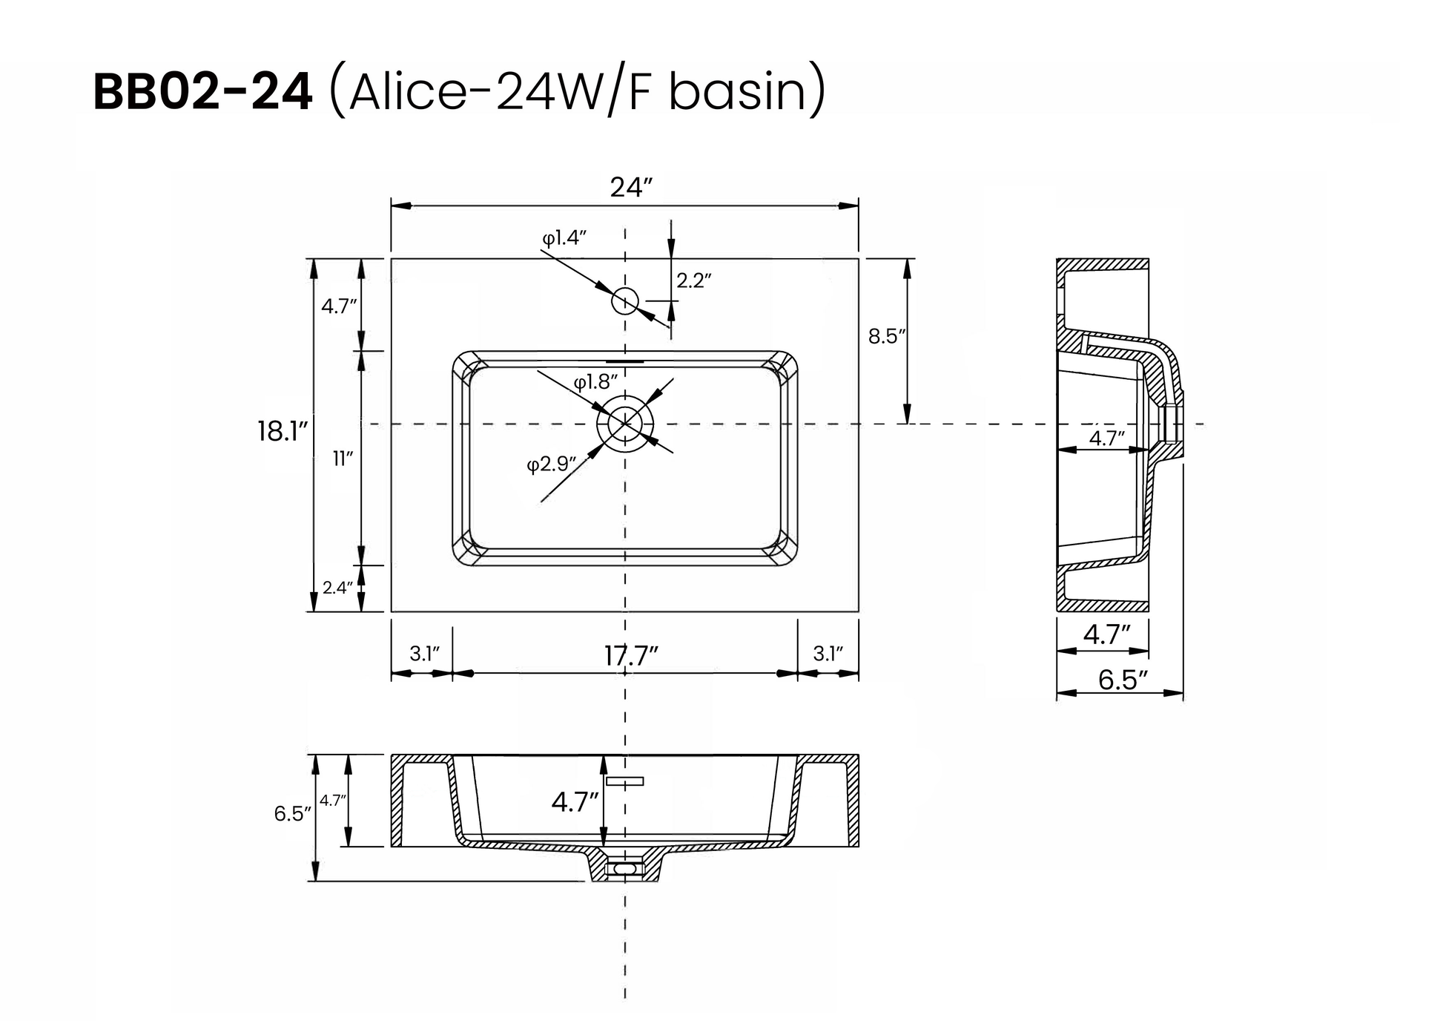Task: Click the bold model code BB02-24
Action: click(x=202, y=93)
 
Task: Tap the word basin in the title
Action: click(x=737, y=93)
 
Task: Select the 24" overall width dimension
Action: click(x=630, y=188)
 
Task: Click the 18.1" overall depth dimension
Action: click(x=282, y=431)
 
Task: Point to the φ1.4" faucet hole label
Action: click(x=564, y=237)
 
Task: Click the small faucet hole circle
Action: click(x=625, y=301)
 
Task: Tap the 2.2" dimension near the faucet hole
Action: click(x=693, y=280)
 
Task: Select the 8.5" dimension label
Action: click(x=887, y=336)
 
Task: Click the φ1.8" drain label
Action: click(x=595, y=382)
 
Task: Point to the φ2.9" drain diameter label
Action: click(x=551, y=464)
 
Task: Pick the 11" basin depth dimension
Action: click(x=342, y=459)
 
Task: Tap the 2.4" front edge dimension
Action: click(x=337, y=588)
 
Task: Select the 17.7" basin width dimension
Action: click(x=630, y=656)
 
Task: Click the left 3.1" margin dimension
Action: click(x=424, y=654)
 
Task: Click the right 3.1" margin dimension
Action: click(x=828, y=654)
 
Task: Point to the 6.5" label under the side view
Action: click(x=1122, y=680)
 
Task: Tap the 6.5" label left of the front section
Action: click(x=292, y=814)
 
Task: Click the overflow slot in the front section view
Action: click(x=624, y=781)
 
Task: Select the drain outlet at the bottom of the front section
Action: click(x=625, y=867)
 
